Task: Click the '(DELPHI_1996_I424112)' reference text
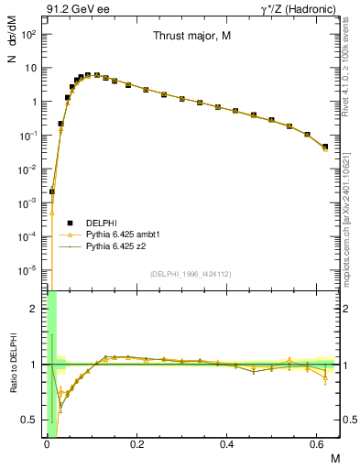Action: [x=191, y=273]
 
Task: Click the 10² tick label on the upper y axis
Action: [x=29, y=34]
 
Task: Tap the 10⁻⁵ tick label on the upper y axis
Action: [x=28, y=270]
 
